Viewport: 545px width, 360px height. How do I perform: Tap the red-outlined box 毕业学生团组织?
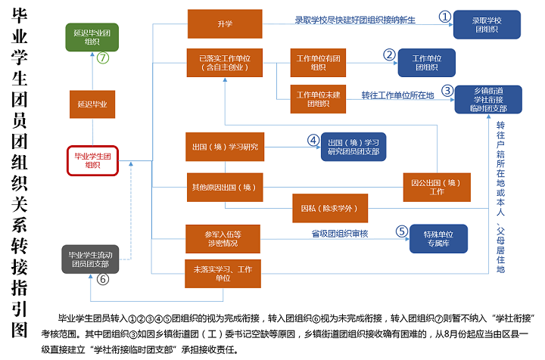tap(92, 160)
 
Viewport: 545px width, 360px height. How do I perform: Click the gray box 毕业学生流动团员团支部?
tap(90, 259)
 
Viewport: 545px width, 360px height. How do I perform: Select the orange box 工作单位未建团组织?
tap(318, 99)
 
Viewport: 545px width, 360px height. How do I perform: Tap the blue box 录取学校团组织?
tap(487, 24)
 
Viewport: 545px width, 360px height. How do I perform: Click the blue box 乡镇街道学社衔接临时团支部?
tap(487, 99)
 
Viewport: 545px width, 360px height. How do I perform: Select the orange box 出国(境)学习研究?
tap(225, 147)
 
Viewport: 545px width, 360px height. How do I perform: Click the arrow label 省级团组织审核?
tap(340, 233)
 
